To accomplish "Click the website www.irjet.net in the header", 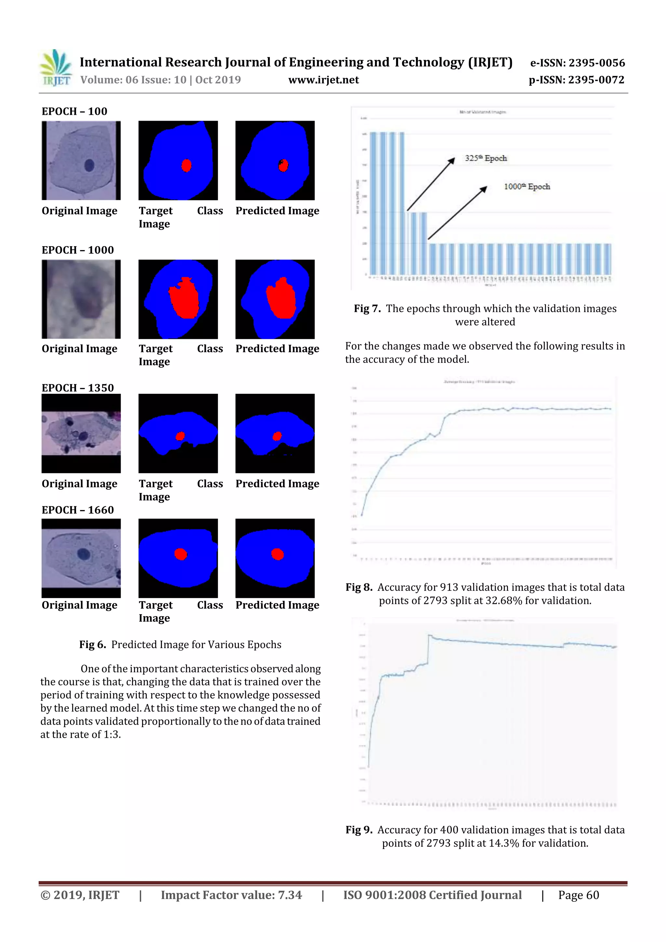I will point(323,80).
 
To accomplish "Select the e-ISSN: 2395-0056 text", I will point(577,63).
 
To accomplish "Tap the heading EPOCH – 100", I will point(74,111).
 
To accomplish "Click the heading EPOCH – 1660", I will point(77,510).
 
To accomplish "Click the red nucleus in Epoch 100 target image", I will point(186,165).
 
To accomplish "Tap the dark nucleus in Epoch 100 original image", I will point(89,165).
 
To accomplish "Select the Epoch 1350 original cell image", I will point(81,433).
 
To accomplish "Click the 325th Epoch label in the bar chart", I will point(486,158).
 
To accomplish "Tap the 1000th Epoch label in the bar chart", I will point(527,187).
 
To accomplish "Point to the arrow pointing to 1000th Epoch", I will point(457,213).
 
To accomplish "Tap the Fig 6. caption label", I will point(92,644).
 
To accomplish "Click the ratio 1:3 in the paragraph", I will point(111,735).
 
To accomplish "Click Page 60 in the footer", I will point(578,895).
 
